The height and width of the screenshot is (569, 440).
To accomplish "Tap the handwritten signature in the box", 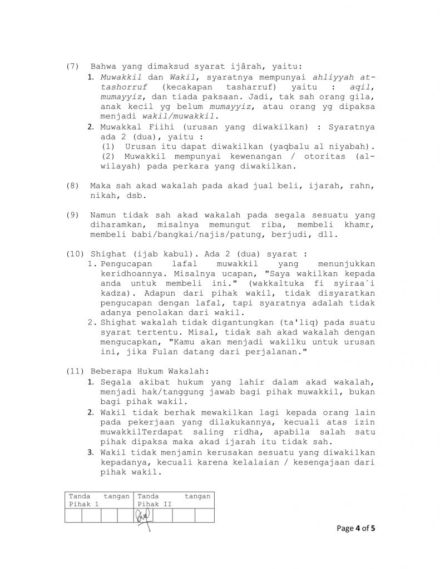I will tap(142, 519).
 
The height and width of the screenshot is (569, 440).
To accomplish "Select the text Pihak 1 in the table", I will tap(83, 503).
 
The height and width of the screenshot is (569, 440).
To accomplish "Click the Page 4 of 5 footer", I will tap(357, 528).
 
